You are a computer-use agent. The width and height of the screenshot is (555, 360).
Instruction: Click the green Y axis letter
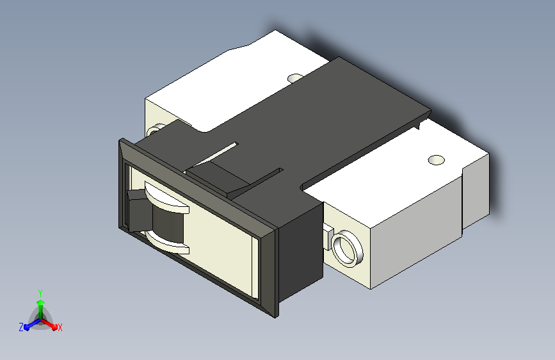(x=40, y=293)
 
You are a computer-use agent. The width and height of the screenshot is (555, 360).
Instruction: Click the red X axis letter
(x=60, y=327)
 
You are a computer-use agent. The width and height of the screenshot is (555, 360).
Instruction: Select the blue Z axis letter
(x=21, y=327)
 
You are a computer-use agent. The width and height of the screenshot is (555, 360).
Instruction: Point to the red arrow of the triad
(x=49, y=324)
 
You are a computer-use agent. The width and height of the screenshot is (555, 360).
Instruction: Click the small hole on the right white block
(x=436, y=160)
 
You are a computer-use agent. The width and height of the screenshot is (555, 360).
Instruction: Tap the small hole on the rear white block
(x=295, y=78)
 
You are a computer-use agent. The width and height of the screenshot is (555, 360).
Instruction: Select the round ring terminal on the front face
(x=347, y=249)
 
